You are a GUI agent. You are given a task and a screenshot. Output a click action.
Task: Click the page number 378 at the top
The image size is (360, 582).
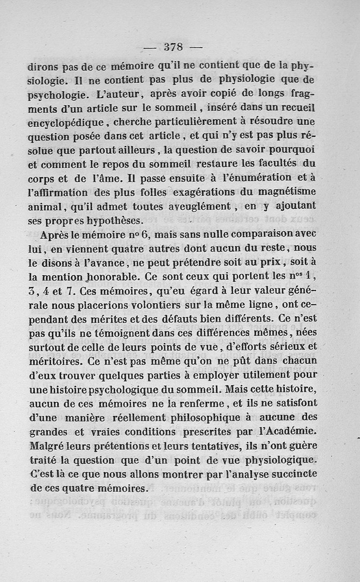tap(173, 47)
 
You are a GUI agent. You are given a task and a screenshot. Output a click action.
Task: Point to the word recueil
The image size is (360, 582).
tap(294, 108)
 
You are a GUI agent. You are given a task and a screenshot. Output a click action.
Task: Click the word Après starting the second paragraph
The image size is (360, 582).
tap(56, 235)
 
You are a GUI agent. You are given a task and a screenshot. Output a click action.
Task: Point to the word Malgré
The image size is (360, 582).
tap(46, 445)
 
